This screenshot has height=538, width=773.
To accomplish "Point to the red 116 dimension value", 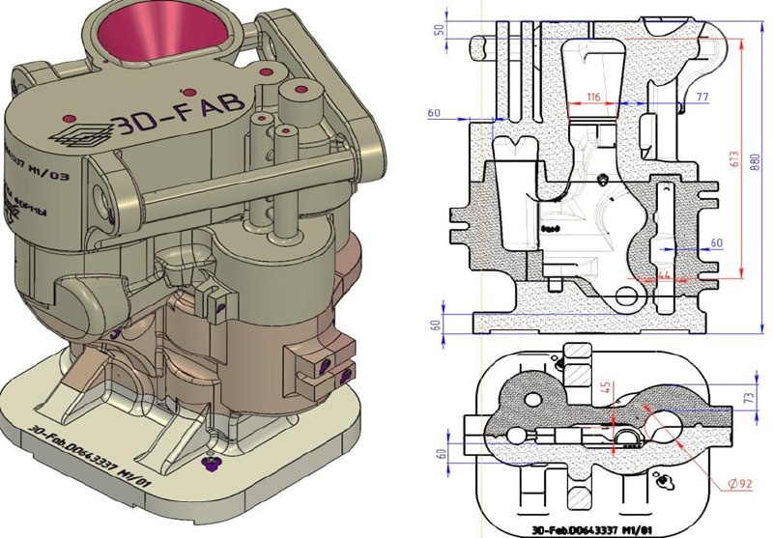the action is point(591,96).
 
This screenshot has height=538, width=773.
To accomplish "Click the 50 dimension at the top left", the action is point(439,29).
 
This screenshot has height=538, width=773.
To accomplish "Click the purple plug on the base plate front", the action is point(209,465).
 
